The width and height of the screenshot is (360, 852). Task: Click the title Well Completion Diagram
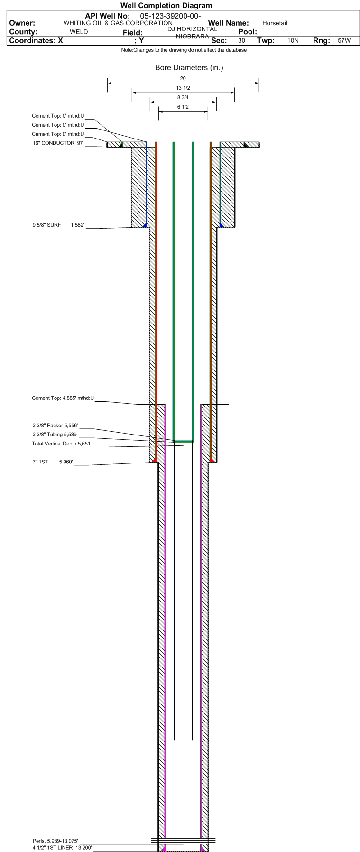[x=166, y=6]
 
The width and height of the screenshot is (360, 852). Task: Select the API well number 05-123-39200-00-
[x=171, y=16]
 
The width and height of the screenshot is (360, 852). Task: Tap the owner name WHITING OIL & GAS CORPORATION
[x=118, y=23]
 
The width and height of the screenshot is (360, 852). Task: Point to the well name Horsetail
[x=275, y=23]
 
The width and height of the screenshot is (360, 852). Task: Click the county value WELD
[x=79, y=32]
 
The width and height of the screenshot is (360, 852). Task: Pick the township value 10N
[x=293, y=41]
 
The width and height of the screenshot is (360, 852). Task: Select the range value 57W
[x=344, y=41]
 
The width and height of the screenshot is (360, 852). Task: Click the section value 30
[x=242, y=41]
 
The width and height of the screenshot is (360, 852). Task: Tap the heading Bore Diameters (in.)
[x=189, y=67]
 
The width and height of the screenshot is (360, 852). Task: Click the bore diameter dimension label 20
[x=183, y=78]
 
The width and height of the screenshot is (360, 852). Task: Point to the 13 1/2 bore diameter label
[x=183, y=88]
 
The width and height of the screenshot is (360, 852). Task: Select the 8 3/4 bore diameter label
[x=183, y=97]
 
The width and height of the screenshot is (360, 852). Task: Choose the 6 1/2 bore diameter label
[x=183, y=107]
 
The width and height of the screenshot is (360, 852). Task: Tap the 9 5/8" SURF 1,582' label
[x=58, y=225]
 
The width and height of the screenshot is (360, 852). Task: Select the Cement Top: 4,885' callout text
[x=63, y=398]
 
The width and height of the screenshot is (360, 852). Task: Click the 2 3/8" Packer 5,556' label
[x=55, y=426]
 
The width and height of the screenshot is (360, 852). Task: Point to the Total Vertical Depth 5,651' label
[x=62, y=444]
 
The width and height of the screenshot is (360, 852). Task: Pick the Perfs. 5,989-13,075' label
[x=55, y=841]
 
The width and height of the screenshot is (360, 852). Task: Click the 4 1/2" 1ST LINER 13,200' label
[x=62, y=847]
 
